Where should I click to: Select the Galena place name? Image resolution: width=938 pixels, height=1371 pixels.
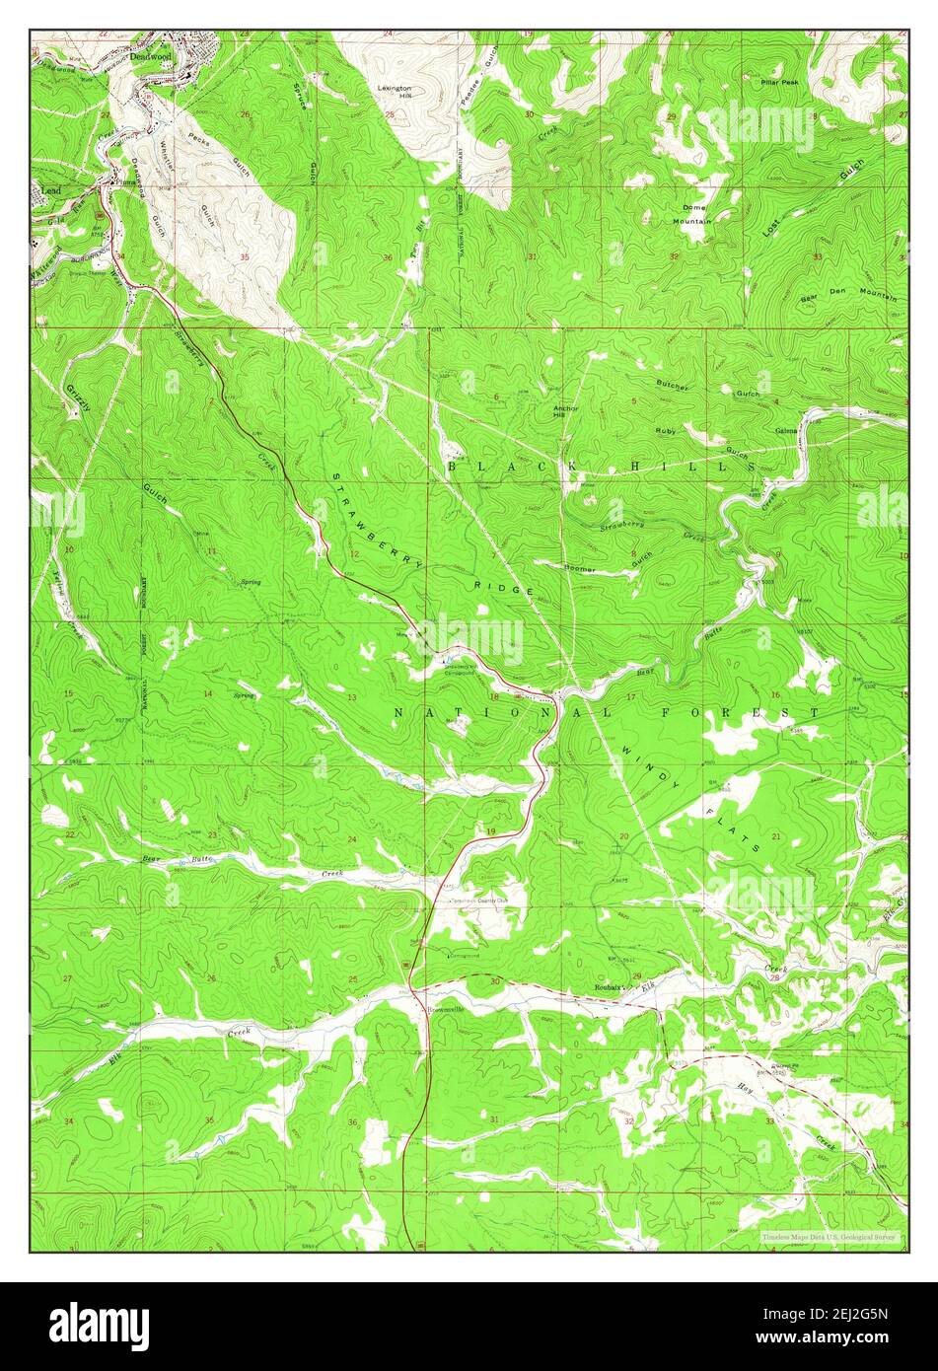click(786, 431)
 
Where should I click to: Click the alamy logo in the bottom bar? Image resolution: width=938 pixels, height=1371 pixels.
click(99, 1325)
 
